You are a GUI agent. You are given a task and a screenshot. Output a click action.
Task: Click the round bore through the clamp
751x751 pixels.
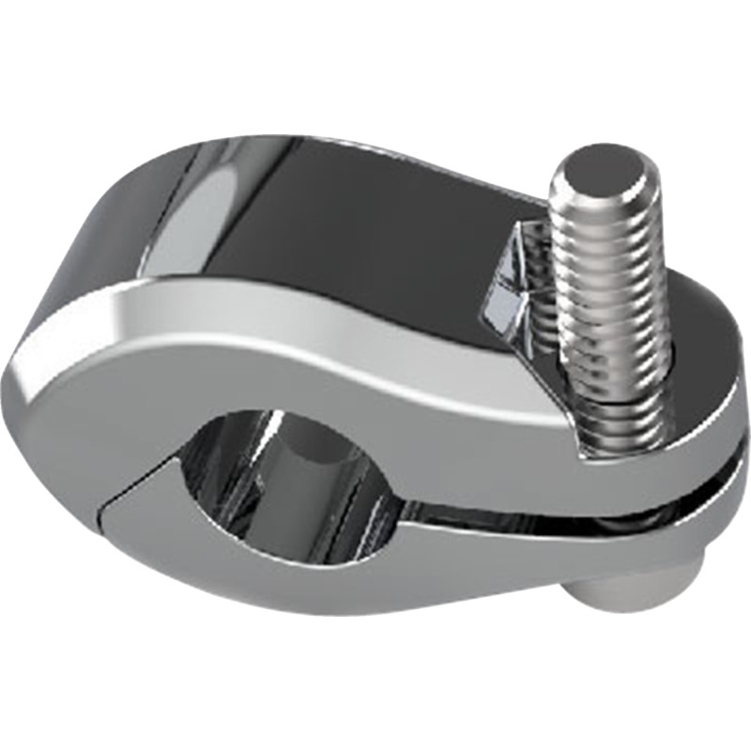click(282, 479)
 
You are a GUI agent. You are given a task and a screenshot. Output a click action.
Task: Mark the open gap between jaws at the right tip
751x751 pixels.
click(723, 488)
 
